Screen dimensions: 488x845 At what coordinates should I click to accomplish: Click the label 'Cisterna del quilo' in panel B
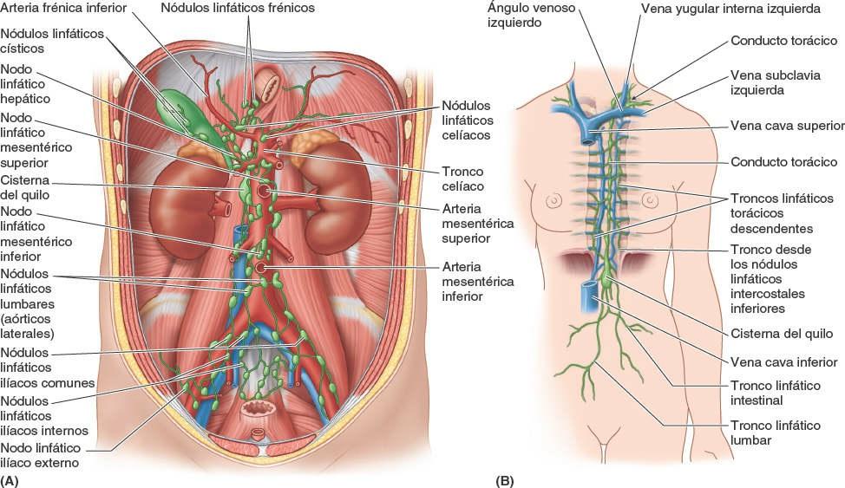pyautogui.click(x=781, y=334)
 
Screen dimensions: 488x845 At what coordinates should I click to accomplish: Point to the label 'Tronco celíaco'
pyautogui.click(x=462, y=179)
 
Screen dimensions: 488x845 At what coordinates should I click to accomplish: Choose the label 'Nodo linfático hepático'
pyautogui.click(x=25, y=83)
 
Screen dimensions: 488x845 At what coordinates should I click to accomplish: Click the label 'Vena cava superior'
pyautogui.click(x=787, y=126)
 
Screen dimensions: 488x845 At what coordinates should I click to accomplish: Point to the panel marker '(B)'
pyautogui.click(x=505, y=479)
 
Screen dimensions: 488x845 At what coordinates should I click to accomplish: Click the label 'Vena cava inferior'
pyautogui.click(x=783, y=362)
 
